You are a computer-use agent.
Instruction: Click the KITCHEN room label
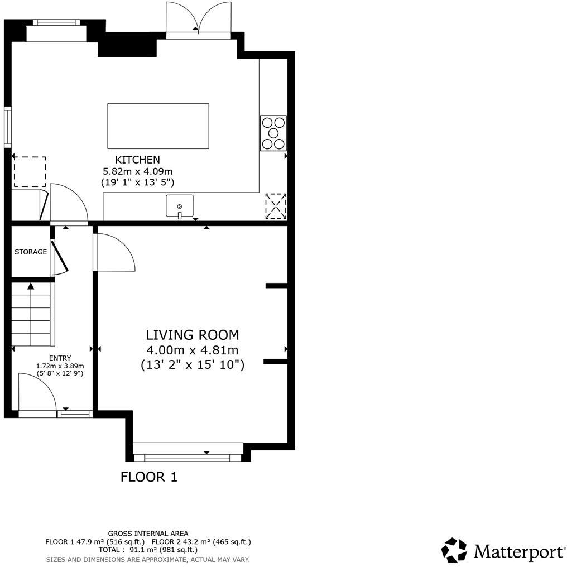pyautogui.click(x=137, y=160)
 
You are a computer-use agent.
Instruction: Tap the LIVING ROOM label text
pyautogui.click(x=193, y=335)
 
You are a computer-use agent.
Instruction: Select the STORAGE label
pyautogui.click(x=31, y=252)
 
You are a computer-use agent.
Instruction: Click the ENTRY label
pyautogui.click(x=60, y=358)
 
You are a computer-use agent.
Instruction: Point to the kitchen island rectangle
pyautogui.click(x=158, y=126)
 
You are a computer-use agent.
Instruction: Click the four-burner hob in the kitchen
pyautogui.click(x=273, y=133)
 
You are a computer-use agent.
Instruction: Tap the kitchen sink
pyautogui.click(x=179, y=206)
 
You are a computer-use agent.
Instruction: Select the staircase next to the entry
pyautogui.click(x=32, y=315)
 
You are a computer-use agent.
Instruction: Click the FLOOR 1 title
pyautogui.click(x=149, y=477)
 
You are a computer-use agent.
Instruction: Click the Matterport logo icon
pyautogui.click(x=454, y=550)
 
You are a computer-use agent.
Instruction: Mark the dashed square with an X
pyautogui.click(x=276, y=206)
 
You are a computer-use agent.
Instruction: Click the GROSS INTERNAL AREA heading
pyautogui.click(x=148, y=533)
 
